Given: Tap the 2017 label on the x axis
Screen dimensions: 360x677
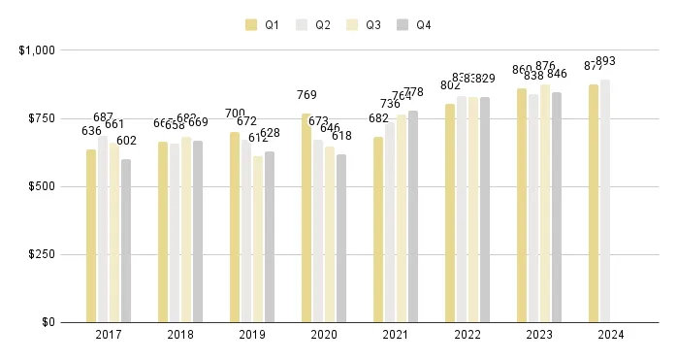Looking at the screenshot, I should tap(109, 335).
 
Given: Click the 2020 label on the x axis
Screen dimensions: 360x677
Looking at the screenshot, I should tap(324, 335).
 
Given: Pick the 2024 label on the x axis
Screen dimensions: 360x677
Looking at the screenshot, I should tap(611, 335).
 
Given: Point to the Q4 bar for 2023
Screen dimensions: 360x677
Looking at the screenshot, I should tap(557, 208).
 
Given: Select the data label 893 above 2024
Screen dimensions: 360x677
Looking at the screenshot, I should tap(606, 61).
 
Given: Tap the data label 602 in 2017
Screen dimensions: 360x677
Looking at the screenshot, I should tap(126, 142).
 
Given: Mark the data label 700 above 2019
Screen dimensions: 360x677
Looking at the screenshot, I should tap(235, 114).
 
